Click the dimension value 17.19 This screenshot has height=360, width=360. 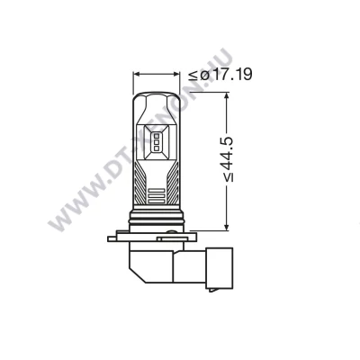point(233,75)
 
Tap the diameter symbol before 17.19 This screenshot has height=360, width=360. point(205,75)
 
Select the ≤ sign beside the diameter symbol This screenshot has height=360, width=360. point(193,76)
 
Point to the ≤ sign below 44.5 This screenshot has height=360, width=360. point(229,177)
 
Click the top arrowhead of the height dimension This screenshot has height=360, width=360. point(227,95)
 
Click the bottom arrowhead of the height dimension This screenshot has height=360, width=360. point(227,227)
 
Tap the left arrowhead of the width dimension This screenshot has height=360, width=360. point(137,74)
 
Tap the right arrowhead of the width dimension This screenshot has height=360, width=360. point(176,74)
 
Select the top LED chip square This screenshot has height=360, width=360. point(157,135)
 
